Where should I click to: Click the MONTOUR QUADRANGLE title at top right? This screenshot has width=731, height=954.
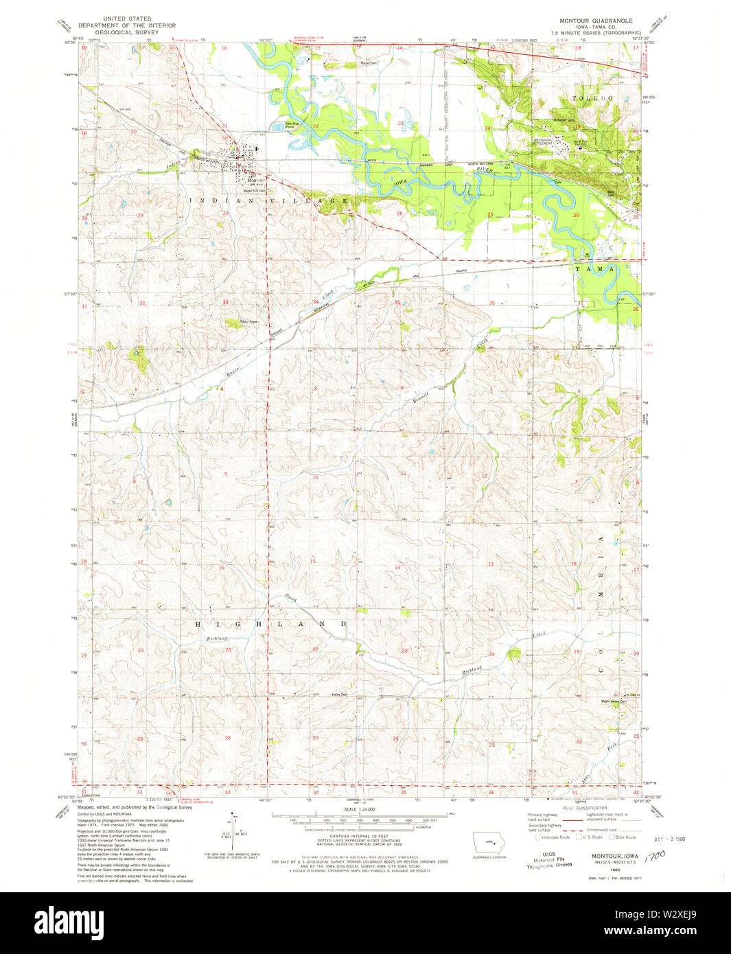point(596,21)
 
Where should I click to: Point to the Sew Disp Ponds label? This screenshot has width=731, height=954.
point(292,126)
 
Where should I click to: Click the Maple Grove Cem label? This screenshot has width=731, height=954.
point(614,701)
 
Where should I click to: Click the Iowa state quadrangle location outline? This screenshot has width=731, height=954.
point(489,842)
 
